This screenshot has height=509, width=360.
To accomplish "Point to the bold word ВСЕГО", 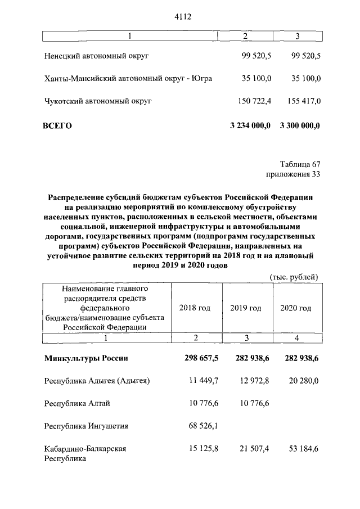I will click(57, 125).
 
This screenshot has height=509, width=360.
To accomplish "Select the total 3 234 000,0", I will click(251, 125).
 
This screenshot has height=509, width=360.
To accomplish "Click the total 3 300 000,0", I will click(300, 125).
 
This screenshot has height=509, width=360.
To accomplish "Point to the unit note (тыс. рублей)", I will click(294, 276).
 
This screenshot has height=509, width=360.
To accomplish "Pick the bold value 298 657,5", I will click(200, 358).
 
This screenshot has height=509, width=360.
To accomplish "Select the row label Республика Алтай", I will click(78, 403).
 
